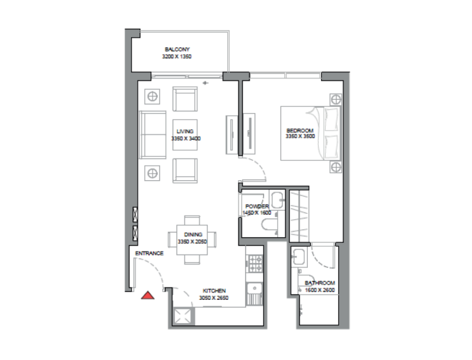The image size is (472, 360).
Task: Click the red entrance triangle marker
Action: click(147, 295)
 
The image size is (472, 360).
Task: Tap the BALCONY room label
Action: click(177, 49)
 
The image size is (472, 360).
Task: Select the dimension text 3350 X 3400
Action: click(186, 139)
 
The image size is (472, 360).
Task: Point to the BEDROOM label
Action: click(300, 130)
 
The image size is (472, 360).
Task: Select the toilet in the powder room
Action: click(271, 228)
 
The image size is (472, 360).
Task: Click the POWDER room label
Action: click(256, 206)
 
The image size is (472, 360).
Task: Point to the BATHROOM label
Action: click(320, 283)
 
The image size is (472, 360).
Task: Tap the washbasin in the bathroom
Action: click(299, 258)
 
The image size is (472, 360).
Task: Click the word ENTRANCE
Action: click(149, 253)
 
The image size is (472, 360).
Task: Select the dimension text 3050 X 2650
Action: click(213, 298)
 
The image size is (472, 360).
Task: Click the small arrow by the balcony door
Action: click(205, 83)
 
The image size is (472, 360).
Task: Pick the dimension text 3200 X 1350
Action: click(177, 56)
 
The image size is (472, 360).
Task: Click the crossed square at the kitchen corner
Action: click(182, 316)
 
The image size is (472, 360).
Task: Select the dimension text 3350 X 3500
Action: click(300, 137)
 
